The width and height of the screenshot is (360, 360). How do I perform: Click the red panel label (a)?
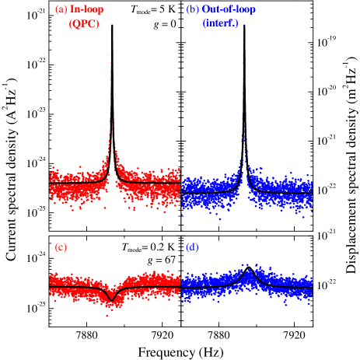tap(61, 10)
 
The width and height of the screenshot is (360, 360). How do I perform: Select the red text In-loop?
tap(86, 10)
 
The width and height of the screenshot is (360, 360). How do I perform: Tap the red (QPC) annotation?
tap(84, 24)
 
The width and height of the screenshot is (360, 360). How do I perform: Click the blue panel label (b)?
tap(193, 10)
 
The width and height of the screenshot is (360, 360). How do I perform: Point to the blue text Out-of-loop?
tap(229, 10)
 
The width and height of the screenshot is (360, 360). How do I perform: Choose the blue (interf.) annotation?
tap(221, 24)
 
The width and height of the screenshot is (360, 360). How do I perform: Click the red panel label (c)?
tap(61, 248)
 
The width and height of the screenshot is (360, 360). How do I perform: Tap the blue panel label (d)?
tap(193, 248)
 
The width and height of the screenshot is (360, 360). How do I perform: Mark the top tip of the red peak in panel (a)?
tap(111, 26)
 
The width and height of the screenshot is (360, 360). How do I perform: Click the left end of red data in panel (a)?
tap(50, 187)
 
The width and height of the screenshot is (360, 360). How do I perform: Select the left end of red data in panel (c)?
tap(50, 287)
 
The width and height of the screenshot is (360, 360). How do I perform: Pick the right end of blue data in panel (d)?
tap(312, 287)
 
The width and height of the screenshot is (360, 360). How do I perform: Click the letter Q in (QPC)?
tap(76, 24)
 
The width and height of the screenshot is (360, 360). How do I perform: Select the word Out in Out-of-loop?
tap(211, 10)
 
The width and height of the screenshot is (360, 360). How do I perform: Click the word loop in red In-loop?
tap(93, 10)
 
